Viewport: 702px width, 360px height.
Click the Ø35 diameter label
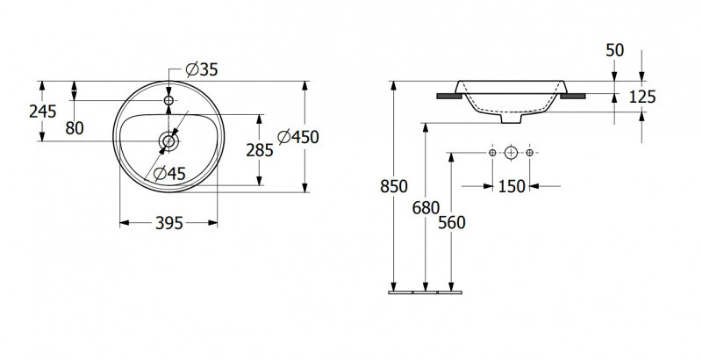tap(202, 69)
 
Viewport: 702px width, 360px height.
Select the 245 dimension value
tap(42, 112)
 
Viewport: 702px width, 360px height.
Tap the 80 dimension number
tap(75, 128)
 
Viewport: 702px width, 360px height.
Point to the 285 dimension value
tap(259, 150)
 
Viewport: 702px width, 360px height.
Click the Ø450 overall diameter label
tap(297, 137)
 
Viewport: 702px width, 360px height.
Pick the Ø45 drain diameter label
tap(169, 173)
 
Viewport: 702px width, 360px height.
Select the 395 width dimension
tap(169, 223)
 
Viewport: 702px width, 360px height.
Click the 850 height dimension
tap(394, 186)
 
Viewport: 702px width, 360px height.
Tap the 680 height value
tap(426, 208)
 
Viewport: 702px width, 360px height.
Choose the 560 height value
tap(452, 222)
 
